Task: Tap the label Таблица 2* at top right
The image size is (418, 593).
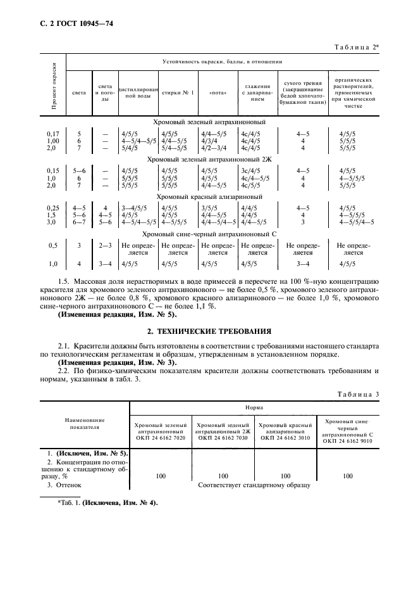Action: click(x=356, y=47)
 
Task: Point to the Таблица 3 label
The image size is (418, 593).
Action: click(x=358, y=394)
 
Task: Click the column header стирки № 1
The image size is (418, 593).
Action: click(x=176, y=92)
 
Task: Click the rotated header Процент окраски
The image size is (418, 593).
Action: click(x=54, y=86)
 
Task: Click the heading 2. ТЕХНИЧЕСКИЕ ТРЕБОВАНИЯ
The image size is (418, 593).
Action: click(x=209, y=331)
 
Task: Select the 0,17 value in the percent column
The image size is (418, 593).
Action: click(x=53, y=134)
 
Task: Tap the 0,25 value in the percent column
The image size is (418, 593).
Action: click(x=53, y=208)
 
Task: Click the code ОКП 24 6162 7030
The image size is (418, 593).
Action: click(x=223, y=437)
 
